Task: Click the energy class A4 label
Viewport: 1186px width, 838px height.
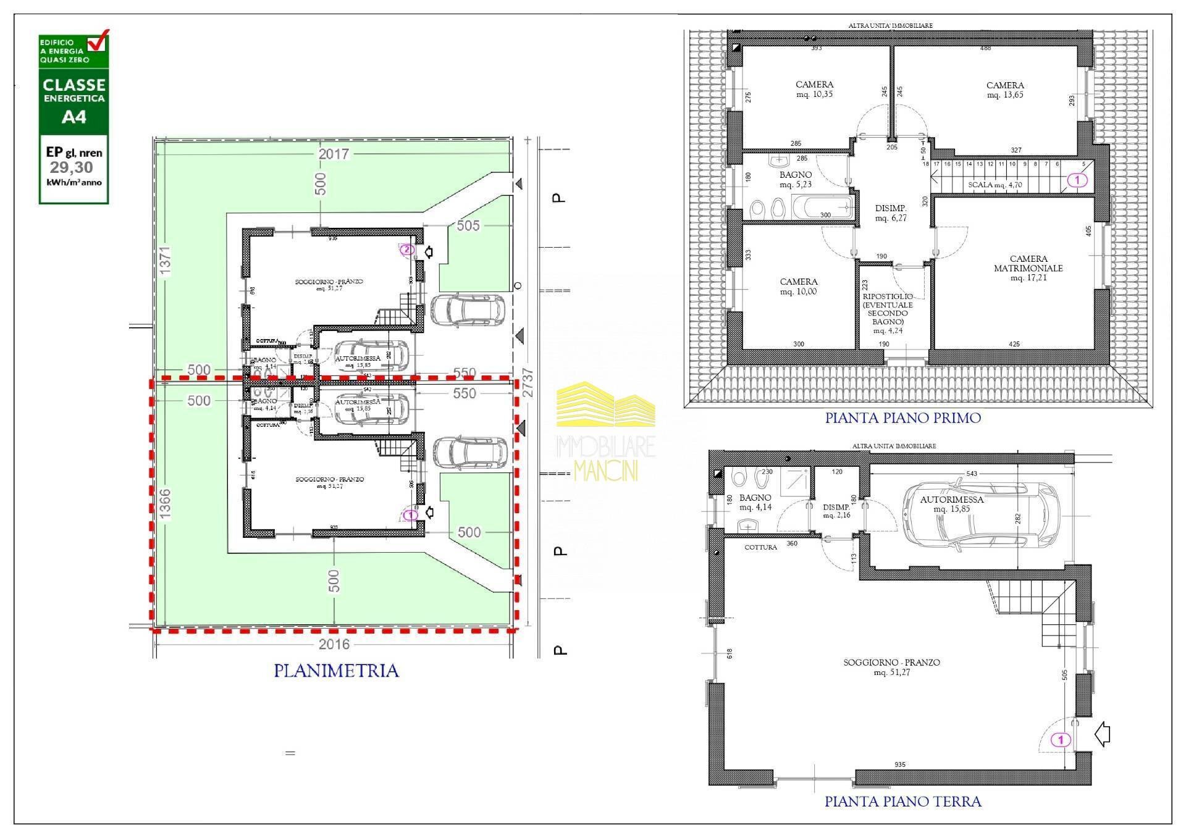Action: point(74,117)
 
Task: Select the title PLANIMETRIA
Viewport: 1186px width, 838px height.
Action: point(336,671)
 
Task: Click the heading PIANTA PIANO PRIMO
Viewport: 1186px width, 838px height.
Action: point(902,418)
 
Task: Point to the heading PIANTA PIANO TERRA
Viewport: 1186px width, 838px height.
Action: point(902,802)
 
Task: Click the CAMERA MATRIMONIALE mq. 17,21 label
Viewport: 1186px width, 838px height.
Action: point(1028,268)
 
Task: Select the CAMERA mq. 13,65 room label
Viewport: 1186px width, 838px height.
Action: point(1004,90)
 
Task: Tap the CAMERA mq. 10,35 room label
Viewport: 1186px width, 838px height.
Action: point(814,89)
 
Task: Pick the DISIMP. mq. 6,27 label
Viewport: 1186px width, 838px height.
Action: point(890,213)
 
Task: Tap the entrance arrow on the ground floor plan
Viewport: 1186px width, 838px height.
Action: point(1102,735)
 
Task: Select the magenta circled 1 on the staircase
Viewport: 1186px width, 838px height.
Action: point(1077,180)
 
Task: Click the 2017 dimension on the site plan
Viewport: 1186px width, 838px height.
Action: point(334,154)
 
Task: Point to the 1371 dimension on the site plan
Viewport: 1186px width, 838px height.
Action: point(165,261)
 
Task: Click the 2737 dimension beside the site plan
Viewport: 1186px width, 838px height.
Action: point(527,383)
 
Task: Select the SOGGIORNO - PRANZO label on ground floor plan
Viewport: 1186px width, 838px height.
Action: point(891,667)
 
